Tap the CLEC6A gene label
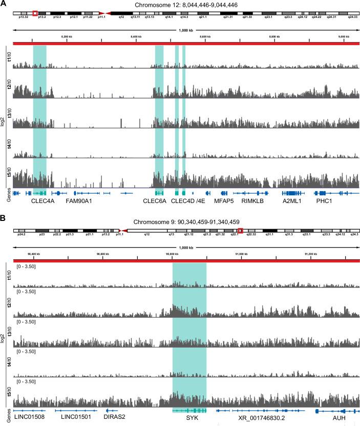click(x=155, y=202)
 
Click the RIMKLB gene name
click(x=254, y=202)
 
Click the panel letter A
click(x=4, y=4)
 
